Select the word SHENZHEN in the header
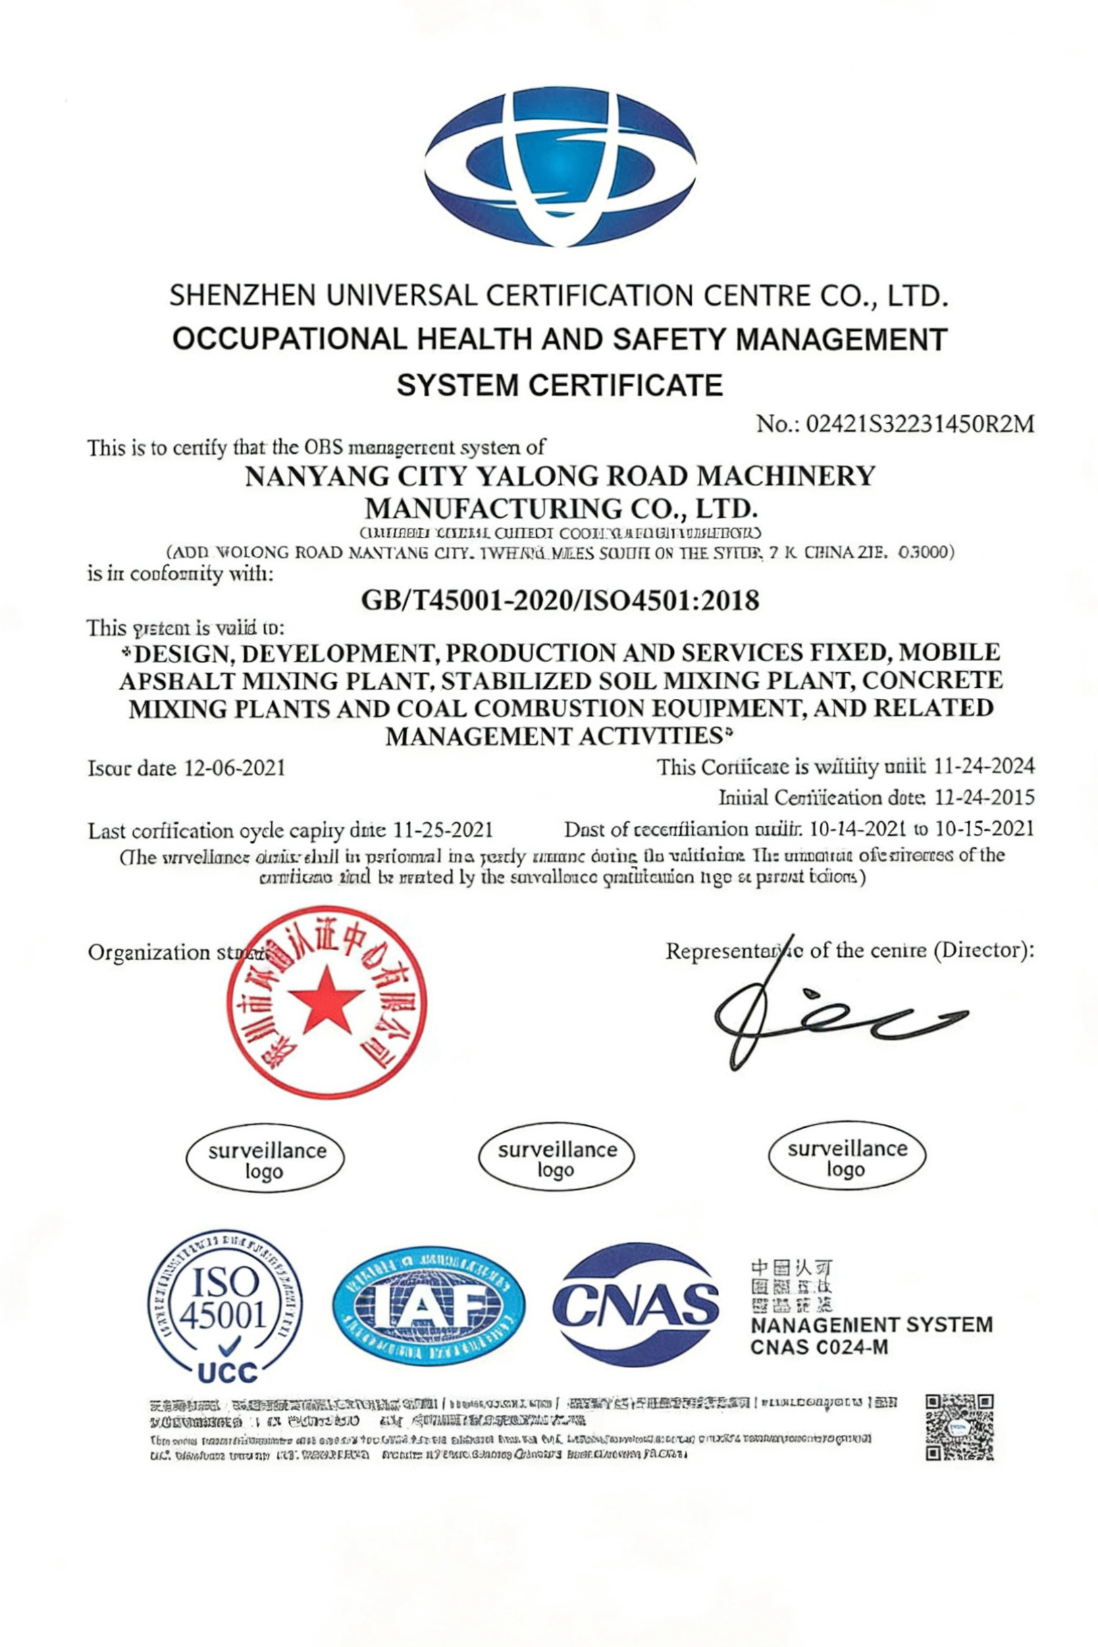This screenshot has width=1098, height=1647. [x=243, y=296]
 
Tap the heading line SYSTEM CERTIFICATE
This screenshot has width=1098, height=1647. [x=560, y=386]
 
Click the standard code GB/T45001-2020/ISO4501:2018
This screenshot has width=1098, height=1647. [x=560, y=601]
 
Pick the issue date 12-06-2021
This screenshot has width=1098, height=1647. [x=234, y=768]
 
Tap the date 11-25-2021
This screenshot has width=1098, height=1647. [x=443, y=831]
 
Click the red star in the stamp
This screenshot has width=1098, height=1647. [x=326, y=999]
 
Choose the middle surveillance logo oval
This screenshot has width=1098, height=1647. [x=556, y=1159]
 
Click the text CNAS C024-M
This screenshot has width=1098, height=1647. [x=819, y=1347]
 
